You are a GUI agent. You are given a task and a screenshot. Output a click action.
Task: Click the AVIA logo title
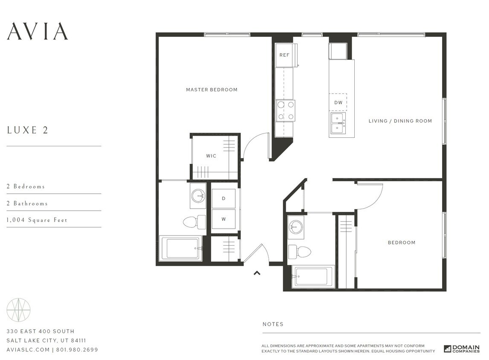coord(38,31)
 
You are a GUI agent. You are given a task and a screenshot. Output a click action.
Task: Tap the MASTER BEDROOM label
coord(211,90)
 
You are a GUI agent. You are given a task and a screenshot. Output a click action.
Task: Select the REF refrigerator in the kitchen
coord(285,55)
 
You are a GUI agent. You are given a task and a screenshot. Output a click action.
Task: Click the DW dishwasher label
coord(338,103)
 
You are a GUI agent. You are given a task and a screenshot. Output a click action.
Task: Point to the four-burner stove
coord(285,110)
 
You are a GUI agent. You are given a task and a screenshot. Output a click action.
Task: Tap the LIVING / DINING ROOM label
coord(400,121)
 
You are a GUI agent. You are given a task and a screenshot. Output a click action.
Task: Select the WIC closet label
coord(211,156)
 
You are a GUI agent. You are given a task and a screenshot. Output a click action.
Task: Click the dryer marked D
coord(224,199)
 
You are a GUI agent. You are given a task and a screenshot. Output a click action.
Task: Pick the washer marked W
coord(224,219)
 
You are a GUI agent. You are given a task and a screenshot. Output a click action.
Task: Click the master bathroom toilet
coord(194,222)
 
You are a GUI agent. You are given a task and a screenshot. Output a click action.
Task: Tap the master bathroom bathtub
coord(181,248)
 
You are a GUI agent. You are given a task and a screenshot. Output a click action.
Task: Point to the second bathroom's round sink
coord(295,226)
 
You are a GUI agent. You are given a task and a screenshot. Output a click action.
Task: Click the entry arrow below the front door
coord(257,273)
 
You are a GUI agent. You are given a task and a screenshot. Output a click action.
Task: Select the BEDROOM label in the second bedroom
coord(401,243)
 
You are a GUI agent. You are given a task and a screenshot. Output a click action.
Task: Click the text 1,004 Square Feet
coord(37,220)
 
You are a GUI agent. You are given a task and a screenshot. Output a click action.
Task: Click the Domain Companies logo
coord(462,348)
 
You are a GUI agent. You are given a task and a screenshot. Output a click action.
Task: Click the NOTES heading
coord(273,324)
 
